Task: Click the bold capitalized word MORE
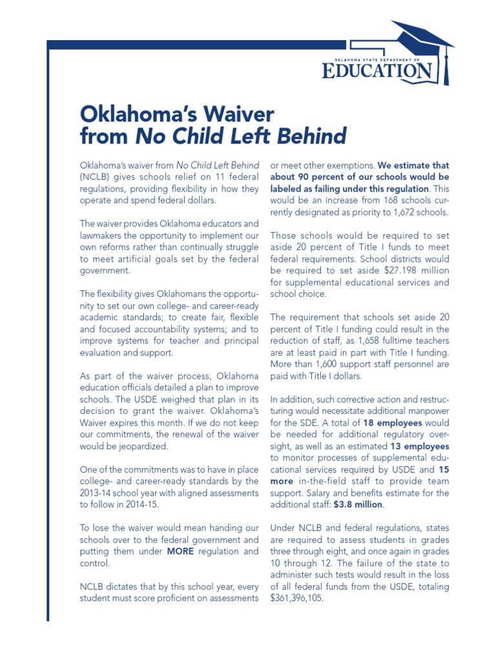tap(181, 551)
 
